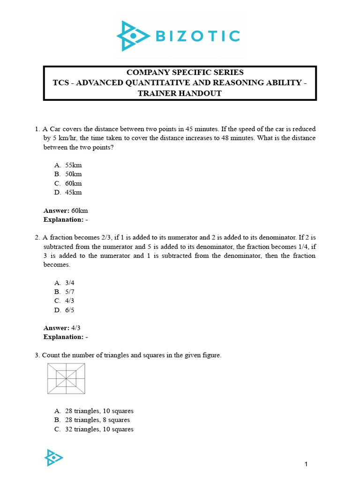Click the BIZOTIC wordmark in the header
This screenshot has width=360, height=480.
pos(195,36)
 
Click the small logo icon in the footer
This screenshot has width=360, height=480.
pos(53,457)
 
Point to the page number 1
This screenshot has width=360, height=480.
pos(306,464)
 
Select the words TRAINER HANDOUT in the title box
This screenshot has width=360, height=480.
pos(180,93)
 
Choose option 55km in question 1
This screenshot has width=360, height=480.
pos(74,165)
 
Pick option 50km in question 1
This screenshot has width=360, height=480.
pos(74,174)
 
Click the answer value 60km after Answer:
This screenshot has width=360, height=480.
pos(80,210)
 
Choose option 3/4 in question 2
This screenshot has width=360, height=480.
pos(70,283)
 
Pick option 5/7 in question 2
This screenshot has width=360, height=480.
pos(70,292)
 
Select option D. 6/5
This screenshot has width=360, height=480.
pos(70,310)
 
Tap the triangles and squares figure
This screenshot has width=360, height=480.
pos(66,378)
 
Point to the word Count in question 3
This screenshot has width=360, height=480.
pos(51,355)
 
